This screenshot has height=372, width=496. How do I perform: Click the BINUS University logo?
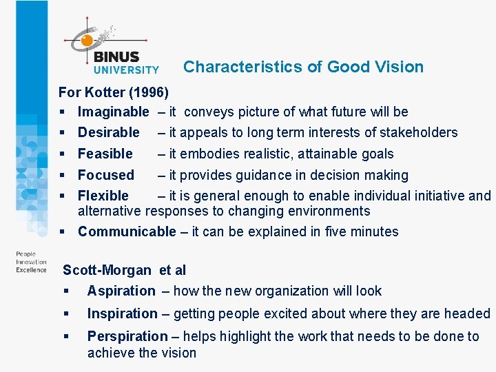114,48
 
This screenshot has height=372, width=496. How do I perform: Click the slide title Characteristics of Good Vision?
303,67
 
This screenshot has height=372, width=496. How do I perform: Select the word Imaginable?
113,112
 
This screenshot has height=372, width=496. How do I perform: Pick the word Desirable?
108,132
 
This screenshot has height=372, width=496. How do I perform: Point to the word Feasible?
105,154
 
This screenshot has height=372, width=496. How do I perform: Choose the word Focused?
105,175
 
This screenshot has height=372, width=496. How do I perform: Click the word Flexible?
103,196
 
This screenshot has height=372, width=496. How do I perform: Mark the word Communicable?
127,231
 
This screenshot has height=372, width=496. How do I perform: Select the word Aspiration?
121,291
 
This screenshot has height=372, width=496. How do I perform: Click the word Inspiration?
122,313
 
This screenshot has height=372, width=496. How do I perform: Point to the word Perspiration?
127,336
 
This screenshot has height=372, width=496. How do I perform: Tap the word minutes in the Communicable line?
375,231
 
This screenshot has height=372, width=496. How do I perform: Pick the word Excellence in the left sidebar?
32,270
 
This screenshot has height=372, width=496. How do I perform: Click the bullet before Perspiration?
66,337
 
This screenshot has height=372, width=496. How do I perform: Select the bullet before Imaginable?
62,112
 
